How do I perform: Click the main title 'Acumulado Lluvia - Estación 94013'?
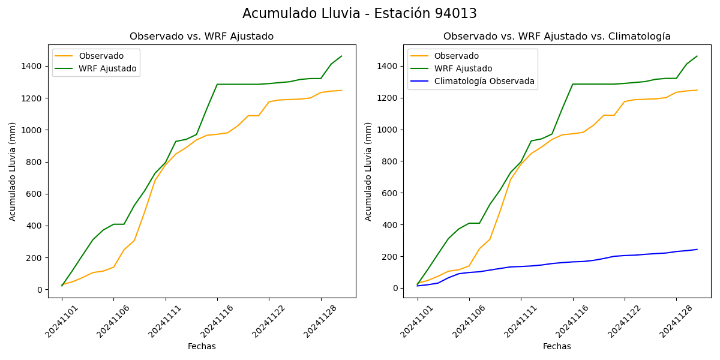pyautogui.click(x=359, y=14)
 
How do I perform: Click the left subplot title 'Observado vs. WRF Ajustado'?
pyautogui.click(x=202, y=37)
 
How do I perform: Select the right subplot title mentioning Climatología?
pyautogui.click(x=557, y=37)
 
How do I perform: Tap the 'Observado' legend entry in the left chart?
pyautogui.click(x=101, y=56)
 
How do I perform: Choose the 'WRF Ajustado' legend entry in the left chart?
pyautogui.click(x=107, y=69)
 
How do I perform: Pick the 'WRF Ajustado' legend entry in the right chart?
pyautogui.click(x=463, y=68)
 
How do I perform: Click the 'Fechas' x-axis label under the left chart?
pyautogui.click(x=202, y=346)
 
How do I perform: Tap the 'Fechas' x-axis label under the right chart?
pyautogui.click(x=557, y=346)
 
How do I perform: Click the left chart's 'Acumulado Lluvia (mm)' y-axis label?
pyautogui.click(x=13, y=171)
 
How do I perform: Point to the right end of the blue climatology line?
pyautogui.click(x=697, y=250)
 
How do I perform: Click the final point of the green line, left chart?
pyautogui.click(x=341, y=56)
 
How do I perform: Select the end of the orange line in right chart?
pyautogui.click(x=697, y=90)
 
